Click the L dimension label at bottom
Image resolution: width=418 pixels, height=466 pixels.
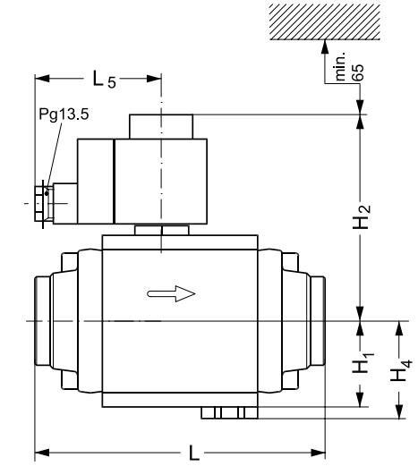coord(195,453)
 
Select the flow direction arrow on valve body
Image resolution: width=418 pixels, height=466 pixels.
coord(171,292)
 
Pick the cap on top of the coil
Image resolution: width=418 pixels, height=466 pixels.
coord(160,126)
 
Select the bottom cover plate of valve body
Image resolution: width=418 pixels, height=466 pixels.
coord(180,399)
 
